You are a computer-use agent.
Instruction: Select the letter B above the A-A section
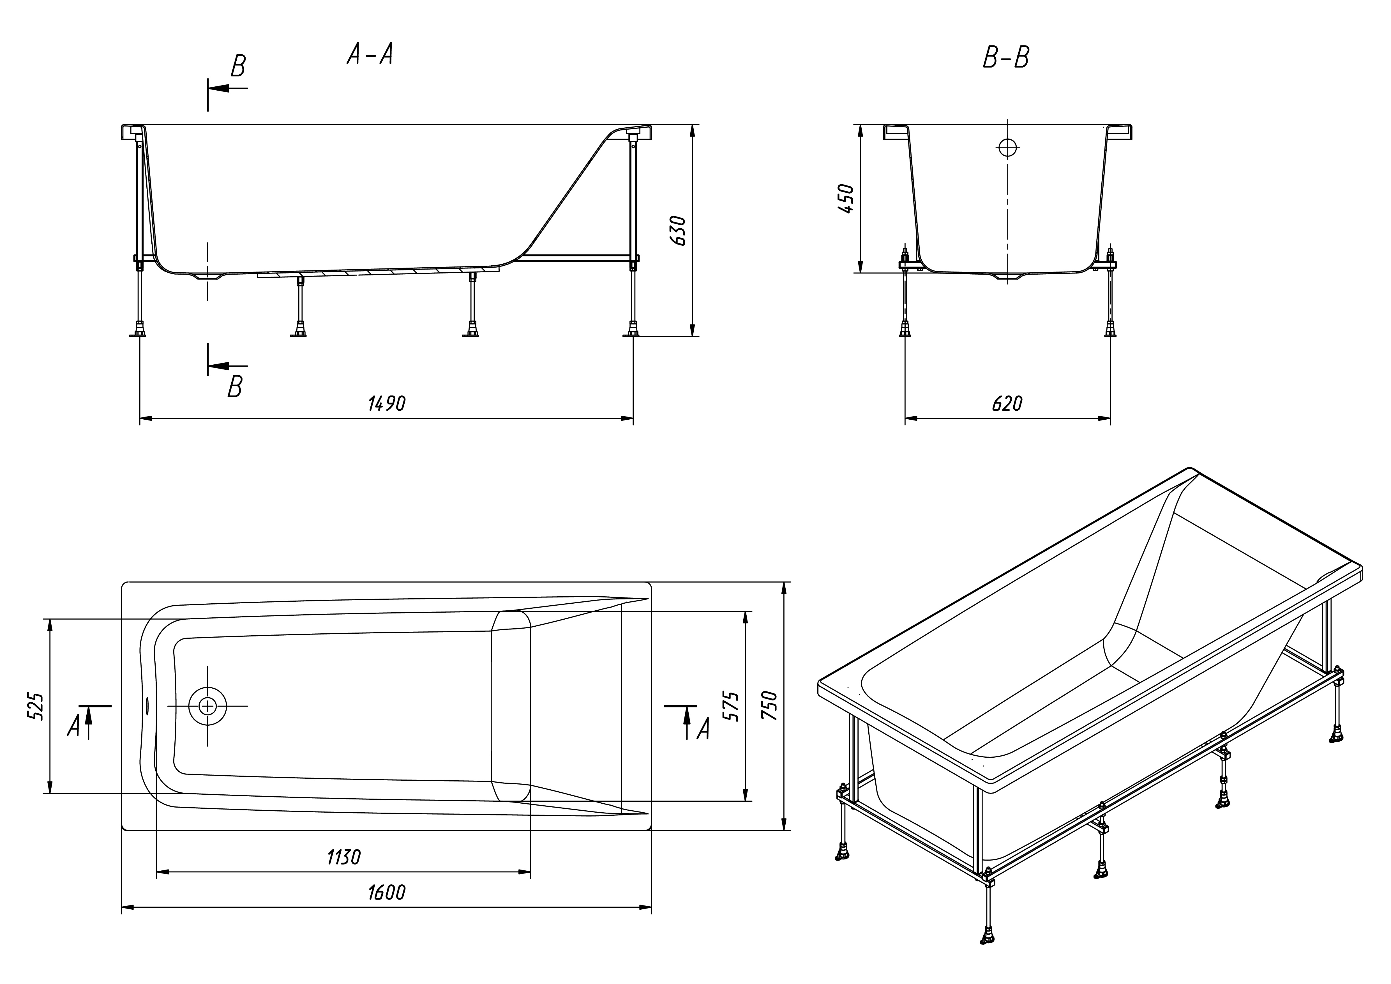pyautogui.click(x=238, y=67)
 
